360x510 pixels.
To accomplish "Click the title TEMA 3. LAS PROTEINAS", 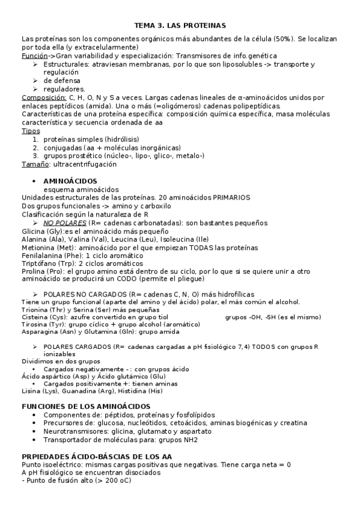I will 179,26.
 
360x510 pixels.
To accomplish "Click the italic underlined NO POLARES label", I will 66,223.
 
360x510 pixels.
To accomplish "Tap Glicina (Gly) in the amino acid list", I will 41,231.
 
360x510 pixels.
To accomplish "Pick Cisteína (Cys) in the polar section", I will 44,316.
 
